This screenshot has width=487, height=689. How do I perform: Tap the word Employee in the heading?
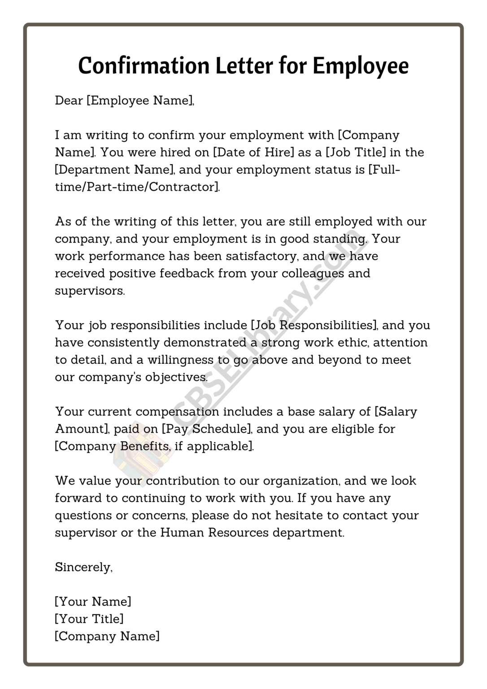click(360, 66)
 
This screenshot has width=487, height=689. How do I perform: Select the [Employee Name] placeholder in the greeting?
click(140, 100)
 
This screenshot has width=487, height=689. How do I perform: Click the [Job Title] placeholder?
click(356, 152)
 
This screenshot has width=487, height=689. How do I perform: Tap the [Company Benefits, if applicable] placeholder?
click(154, 446)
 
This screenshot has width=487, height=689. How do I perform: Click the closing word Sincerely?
click(83, 567)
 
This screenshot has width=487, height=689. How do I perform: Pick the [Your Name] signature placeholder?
click(93, 601)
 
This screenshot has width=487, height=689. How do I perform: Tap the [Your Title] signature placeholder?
click(89, 619)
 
